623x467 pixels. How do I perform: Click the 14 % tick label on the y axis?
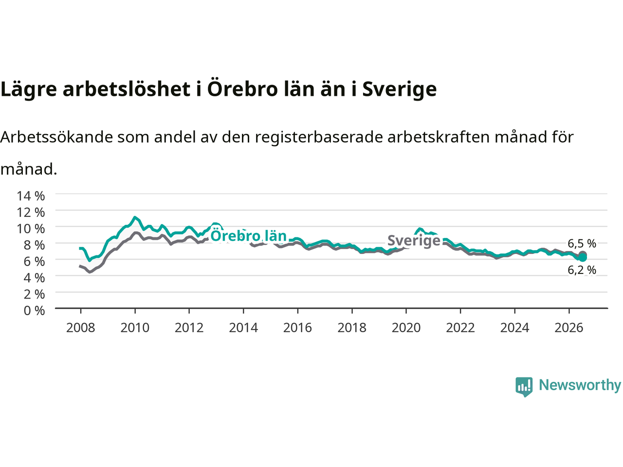31,196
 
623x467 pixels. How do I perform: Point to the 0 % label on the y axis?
34,310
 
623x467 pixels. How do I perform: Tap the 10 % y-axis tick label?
31,228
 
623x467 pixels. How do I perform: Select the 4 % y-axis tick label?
34,278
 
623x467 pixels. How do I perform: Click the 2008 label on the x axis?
81,328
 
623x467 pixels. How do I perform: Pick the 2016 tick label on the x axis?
297,328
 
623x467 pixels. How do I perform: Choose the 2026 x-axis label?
569,328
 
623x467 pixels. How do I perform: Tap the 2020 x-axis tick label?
406,328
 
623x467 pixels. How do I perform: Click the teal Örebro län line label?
248,236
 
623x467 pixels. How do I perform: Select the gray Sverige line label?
414,240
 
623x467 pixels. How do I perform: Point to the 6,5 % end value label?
582,243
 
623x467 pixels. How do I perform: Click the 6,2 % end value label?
582,270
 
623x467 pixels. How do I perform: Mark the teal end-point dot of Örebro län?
583,257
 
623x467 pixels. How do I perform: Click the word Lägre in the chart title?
29,89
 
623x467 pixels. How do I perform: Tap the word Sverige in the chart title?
400,89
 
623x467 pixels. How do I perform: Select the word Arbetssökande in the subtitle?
57,137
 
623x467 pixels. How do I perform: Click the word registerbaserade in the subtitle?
318,138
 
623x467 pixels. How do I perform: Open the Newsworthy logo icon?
524,387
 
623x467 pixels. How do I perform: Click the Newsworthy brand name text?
580,385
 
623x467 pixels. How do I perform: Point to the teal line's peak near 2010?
135,217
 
